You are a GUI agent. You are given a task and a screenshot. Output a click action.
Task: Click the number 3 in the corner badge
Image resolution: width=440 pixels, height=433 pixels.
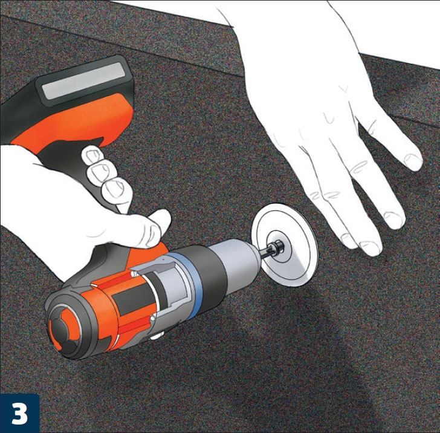(19, 413)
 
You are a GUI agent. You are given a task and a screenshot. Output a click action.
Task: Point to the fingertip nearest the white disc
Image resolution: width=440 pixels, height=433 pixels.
(348, 241)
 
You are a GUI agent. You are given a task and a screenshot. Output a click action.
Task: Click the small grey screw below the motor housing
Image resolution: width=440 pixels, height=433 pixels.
(156, 336)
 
